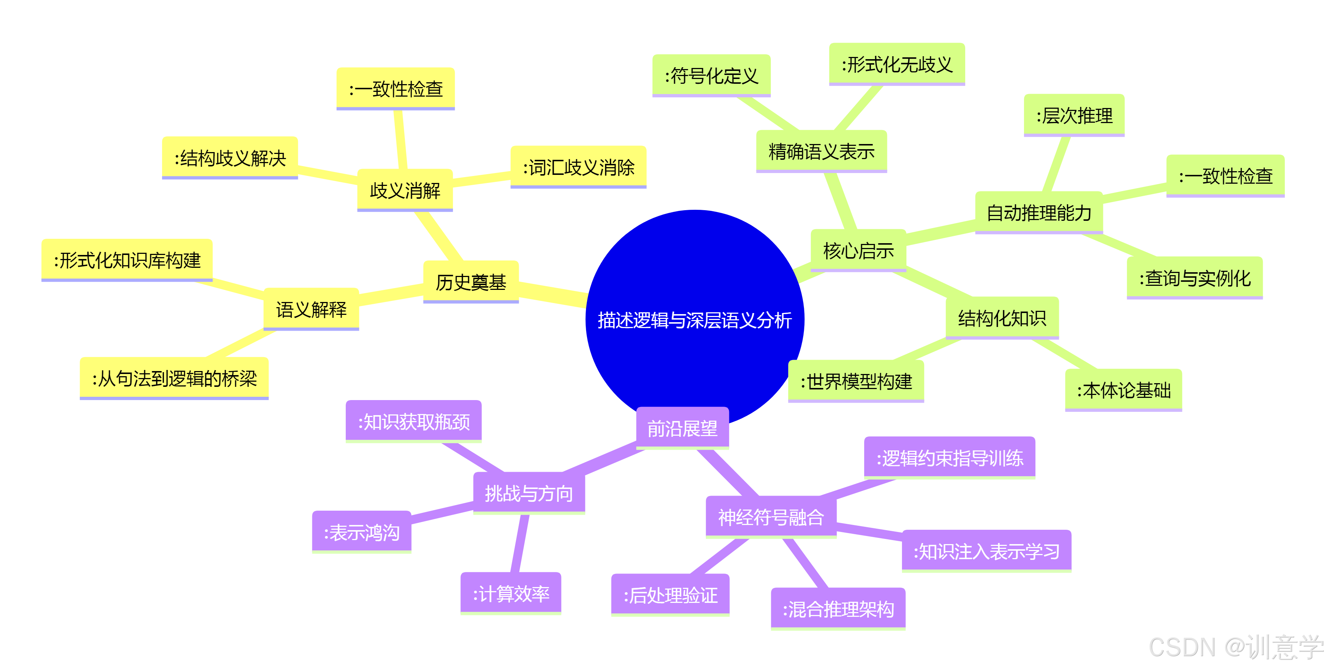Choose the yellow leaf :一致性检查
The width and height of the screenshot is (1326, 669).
(395, 89)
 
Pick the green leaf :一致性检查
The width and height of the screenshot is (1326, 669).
(1225, 176)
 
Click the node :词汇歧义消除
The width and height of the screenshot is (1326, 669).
(578, 167)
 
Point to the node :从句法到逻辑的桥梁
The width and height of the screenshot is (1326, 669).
(174, 378)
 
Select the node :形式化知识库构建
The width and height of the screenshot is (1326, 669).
(127, 260)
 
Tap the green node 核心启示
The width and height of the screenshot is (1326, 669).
(858, 250)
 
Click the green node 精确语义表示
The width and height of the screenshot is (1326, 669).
(821, 151)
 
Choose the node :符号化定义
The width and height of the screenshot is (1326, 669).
(711, 76)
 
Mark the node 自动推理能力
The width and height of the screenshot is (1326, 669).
(1039, 212)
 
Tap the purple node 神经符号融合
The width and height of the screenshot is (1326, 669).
(770, 517)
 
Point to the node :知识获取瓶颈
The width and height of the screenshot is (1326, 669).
(413, 421)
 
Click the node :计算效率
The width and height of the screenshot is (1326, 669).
(511, 593)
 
